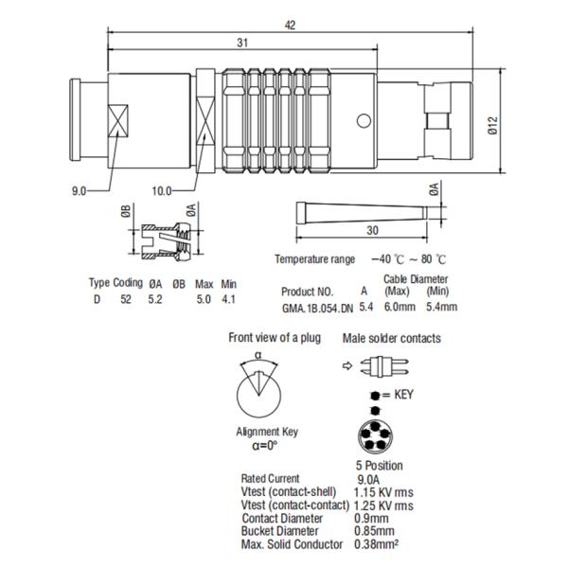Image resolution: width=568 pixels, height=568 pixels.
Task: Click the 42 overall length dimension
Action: click(x=290, y=27)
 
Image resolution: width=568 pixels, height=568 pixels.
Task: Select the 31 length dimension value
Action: click(x=244, y=44)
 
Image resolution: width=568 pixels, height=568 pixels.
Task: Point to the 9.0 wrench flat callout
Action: click(x=78, y=190)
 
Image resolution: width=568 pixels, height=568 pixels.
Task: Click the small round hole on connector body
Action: click(x=363, y=120)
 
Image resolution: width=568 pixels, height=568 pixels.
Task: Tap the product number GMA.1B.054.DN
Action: click(x=316, y=307)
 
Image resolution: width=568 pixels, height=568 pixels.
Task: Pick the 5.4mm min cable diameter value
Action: click(x=440, y=307)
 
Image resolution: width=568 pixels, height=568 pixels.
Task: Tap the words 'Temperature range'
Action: click(x=314, y=258)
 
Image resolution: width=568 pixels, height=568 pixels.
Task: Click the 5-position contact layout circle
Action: click(x=377, y=438)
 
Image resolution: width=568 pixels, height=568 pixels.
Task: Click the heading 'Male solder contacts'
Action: click(x=391, y=338)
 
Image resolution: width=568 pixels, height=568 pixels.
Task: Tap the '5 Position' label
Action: click(x=377, y=466)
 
